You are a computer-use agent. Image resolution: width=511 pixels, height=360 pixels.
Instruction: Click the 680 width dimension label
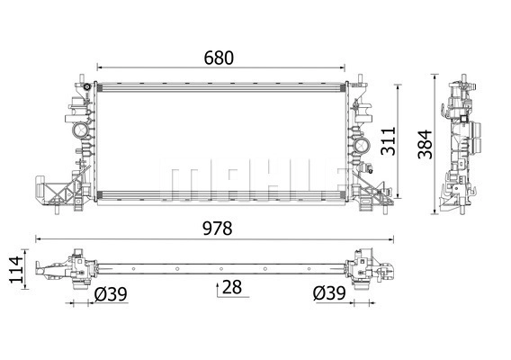point(219,58)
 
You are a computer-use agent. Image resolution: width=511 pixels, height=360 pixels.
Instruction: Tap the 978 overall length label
point(218,229)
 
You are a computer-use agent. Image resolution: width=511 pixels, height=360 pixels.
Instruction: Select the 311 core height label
point(389,141)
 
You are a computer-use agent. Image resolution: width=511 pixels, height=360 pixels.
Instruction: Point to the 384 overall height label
point(425,144)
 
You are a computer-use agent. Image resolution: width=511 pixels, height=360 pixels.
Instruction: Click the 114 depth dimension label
point(16,269)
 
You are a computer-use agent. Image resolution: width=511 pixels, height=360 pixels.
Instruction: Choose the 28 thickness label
point(232,287)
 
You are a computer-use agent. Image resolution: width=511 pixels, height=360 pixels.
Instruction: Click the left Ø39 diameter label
point(111,294)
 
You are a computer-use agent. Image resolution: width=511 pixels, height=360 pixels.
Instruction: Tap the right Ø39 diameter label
point(329,293)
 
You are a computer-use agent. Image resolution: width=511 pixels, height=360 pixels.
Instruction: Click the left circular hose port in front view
point(80,130)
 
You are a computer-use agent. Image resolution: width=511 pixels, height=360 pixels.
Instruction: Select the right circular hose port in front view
point(362,145)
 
